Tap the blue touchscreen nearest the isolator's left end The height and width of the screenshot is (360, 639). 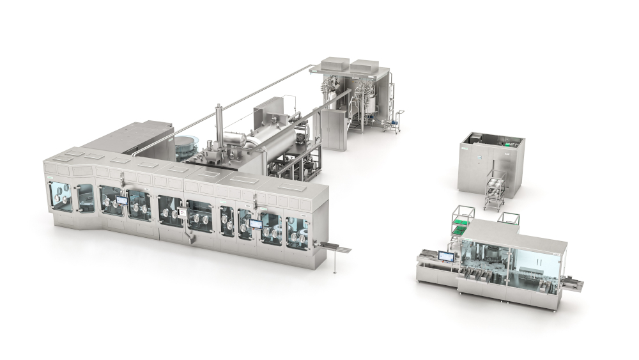click(121, 201)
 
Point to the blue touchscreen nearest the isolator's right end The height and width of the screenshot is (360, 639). click(256, 224)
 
